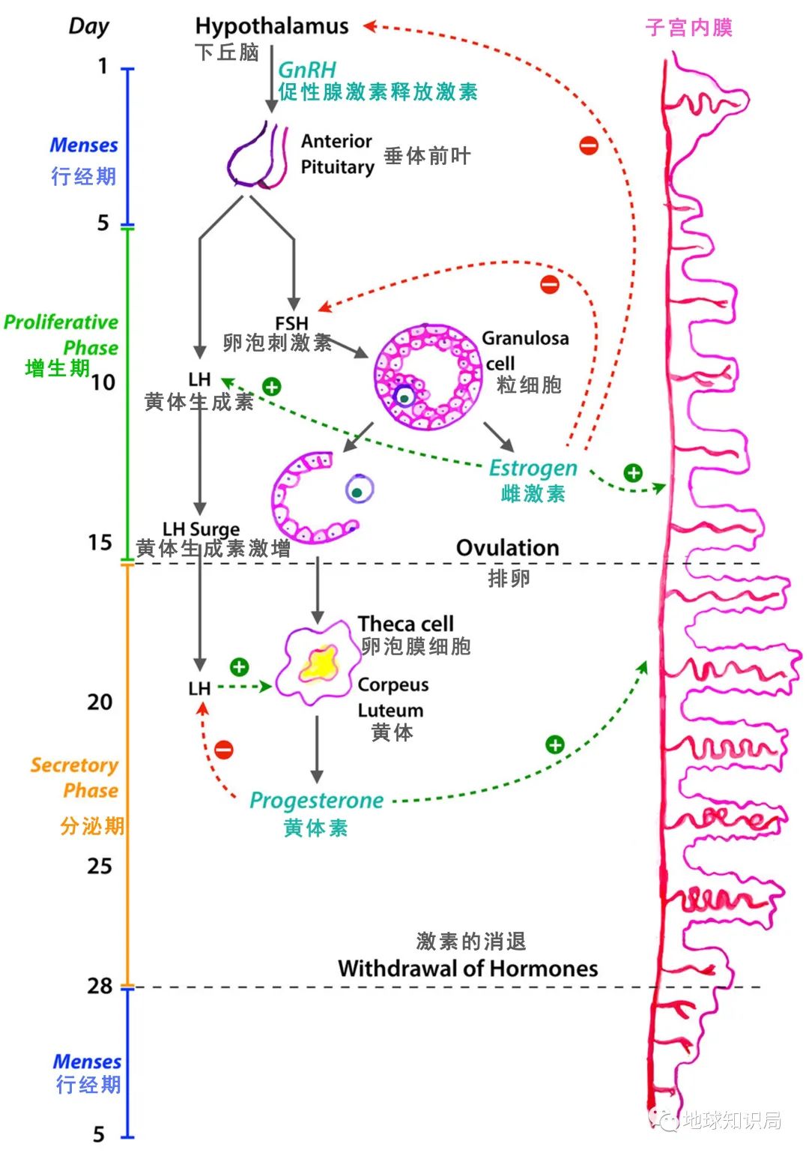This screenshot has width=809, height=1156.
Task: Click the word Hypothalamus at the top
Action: point(271,26)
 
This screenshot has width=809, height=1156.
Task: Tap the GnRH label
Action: point(307,70)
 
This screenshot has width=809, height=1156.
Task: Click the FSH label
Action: point(291,323)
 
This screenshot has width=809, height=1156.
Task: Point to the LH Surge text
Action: point(201,529)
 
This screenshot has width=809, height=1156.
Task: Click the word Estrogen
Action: point(533,468)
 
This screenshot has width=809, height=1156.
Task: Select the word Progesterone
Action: point(316,801)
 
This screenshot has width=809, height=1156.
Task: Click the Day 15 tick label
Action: point(100,542)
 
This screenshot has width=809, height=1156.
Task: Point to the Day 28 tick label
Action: point(100,985)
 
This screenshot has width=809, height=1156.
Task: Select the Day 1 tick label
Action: point(103,67)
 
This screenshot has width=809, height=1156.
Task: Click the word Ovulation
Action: point(507,548)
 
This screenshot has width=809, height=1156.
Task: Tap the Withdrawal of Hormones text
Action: point(467,969)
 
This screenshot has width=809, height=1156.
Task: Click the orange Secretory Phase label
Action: point(75,777)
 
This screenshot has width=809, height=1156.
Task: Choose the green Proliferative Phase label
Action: point(62,334)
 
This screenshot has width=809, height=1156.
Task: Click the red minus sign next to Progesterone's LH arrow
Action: point(224,749)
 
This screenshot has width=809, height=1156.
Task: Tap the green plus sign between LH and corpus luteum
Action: point(239,666)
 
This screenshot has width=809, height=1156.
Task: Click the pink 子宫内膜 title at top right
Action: point(688,28)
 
